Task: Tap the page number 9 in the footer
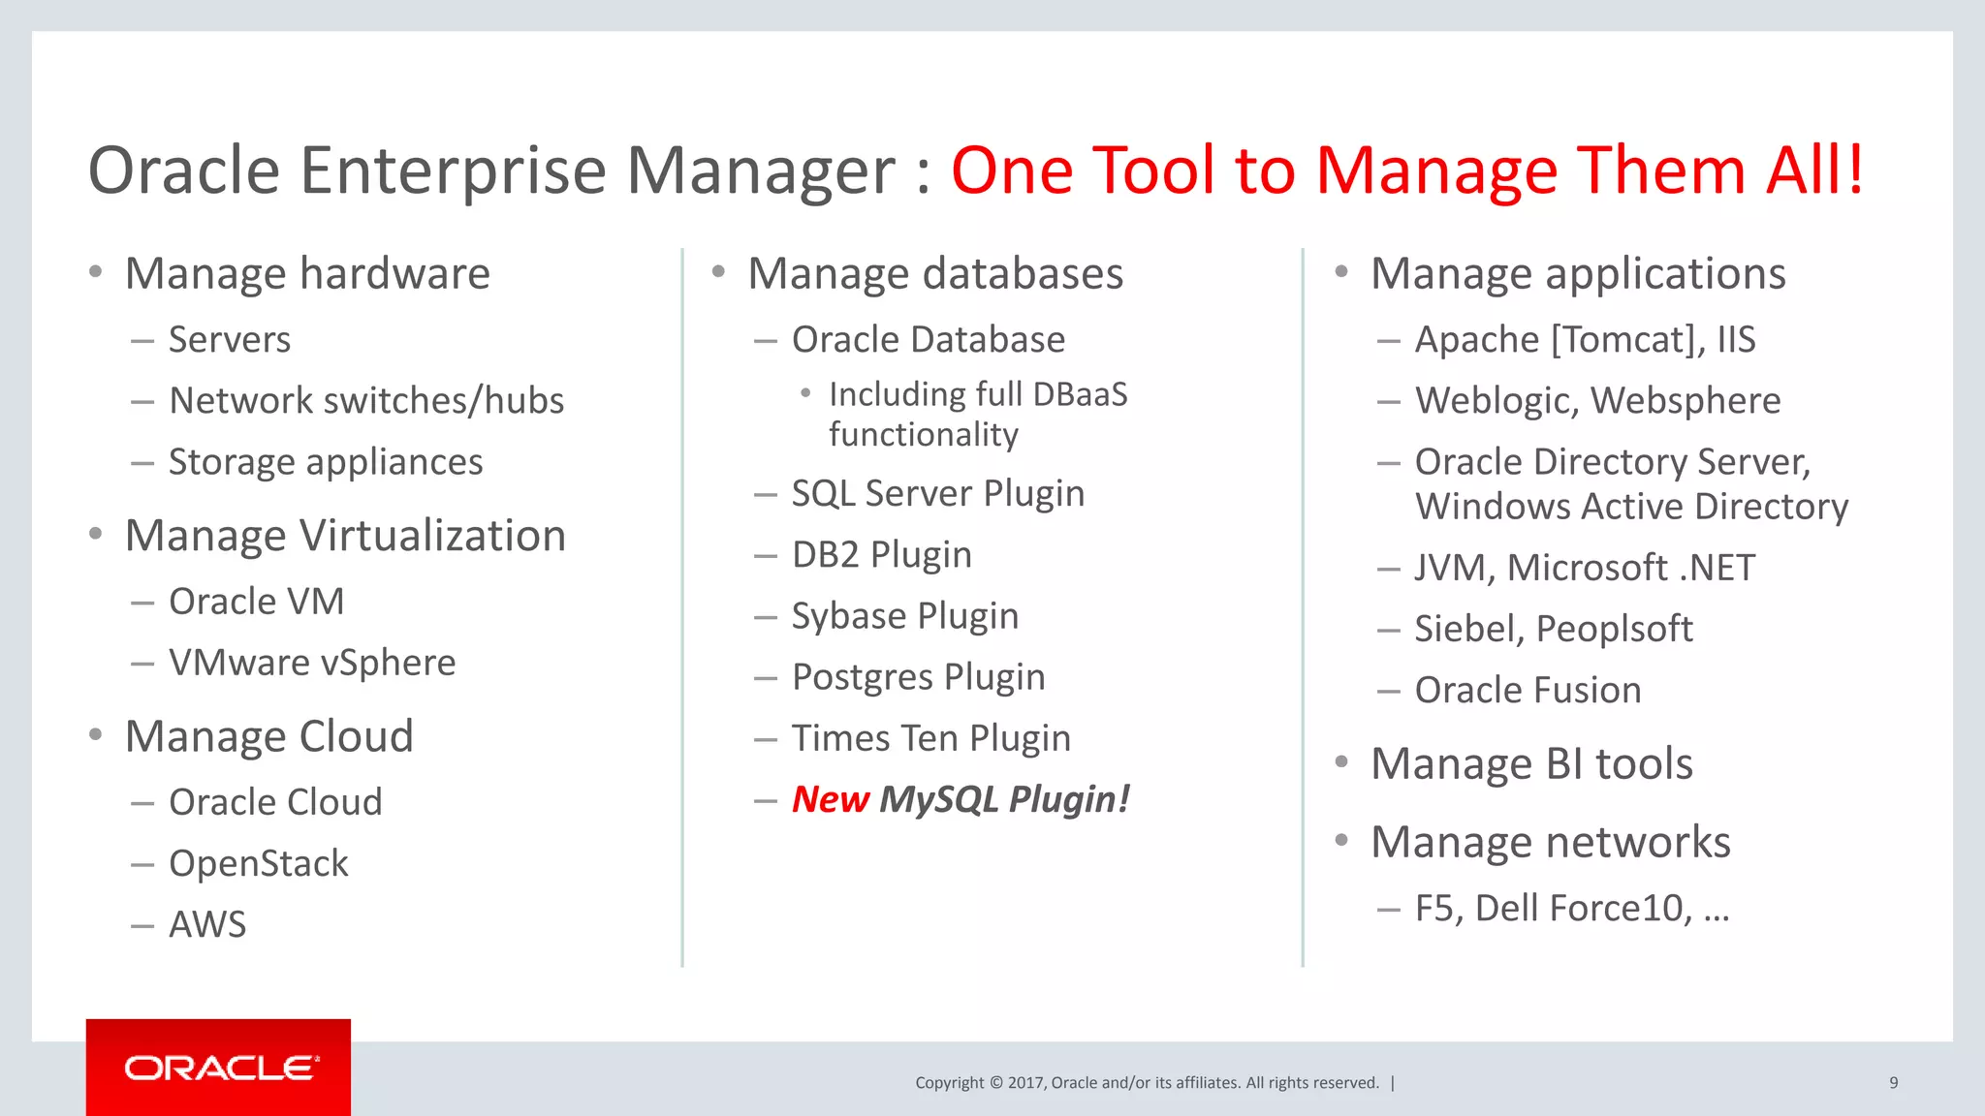[x=1893, y=1083]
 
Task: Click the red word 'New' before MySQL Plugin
[x=831, y=799]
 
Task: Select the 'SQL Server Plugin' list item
[x=937, y=494]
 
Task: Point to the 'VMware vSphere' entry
[x=311, y=663]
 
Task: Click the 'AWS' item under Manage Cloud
[x=207, y=924]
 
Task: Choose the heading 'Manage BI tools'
[x=1531, y=763]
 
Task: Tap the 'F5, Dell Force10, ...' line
[x=1571, y=909]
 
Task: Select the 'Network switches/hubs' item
[x=365, y=401]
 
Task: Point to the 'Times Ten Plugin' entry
[x=930, y=738]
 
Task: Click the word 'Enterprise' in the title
[x=453, y=170]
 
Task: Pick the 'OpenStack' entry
[x=258, y=863]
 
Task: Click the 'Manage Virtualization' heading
[x=345, y=536]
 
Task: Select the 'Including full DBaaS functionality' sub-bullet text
[x=977, y=415]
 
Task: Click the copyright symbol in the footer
[x=994, y=1083]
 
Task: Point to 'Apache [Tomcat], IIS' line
[x=1585, y=340]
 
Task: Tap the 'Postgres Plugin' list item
[x=918, y=677]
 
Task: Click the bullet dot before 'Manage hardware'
[x=95, y=272]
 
